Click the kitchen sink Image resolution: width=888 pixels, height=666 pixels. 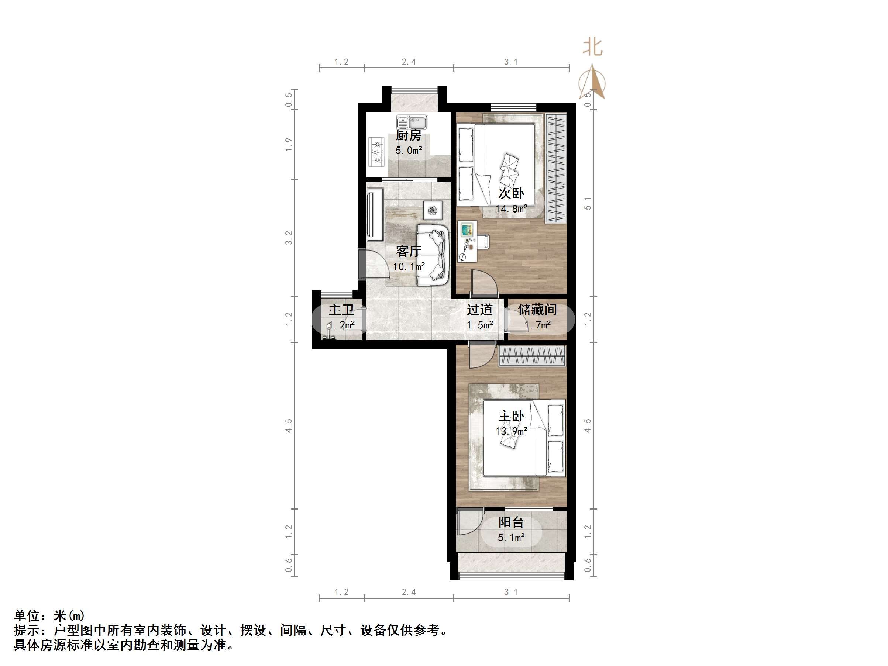pos(412,122)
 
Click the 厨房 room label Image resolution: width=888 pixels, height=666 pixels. pos(409,135)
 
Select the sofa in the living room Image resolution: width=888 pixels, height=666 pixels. pos(432,255)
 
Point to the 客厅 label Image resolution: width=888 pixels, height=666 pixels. pos(409,251)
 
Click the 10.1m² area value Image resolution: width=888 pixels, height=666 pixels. pos(409,266)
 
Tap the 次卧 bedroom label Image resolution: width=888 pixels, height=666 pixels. pos(511,193)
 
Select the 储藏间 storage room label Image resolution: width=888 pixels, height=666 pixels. pos(537,310)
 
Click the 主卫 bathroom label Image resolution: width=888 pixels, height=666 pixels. pos(342,310)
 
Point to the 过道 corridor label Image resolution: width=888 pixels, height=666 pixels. pos(480,310)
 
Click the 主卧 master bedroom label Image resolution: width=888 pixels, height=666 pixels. pos(511,416)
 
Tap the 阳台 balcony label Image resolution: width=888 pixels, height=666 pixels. pos(511,522)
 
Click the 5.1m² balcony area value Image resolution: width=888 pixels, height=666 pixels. pos(511,538)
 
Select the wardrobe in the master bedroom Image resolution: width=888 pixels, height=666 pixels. pos(532,355)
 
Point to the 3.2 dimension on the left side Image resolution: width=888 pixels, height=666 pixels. pos(289,238)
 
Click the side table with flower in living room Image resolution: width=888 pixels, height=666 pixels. pos(433,210)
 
